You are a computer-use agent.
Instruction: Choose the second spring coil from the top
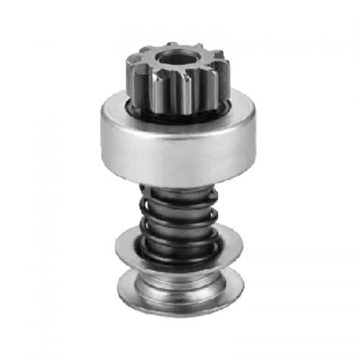pos(176,212)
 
